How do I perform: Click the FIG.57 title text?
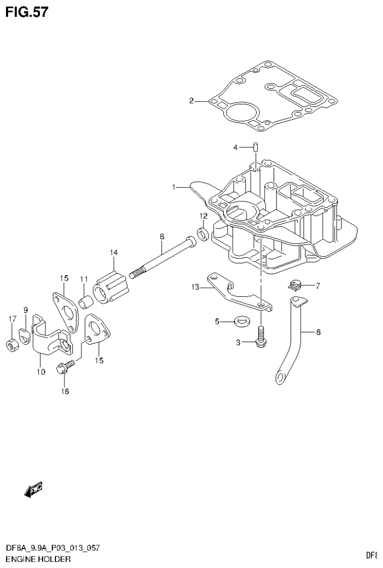point(27,12)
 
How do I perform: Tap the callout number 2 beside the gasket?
point(191,101)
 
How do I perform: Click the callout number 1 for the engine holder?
point(174,187)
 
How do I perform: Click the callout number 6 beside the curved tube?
point(318,331)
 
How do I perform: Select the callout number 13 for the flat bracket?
point(194,287)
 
